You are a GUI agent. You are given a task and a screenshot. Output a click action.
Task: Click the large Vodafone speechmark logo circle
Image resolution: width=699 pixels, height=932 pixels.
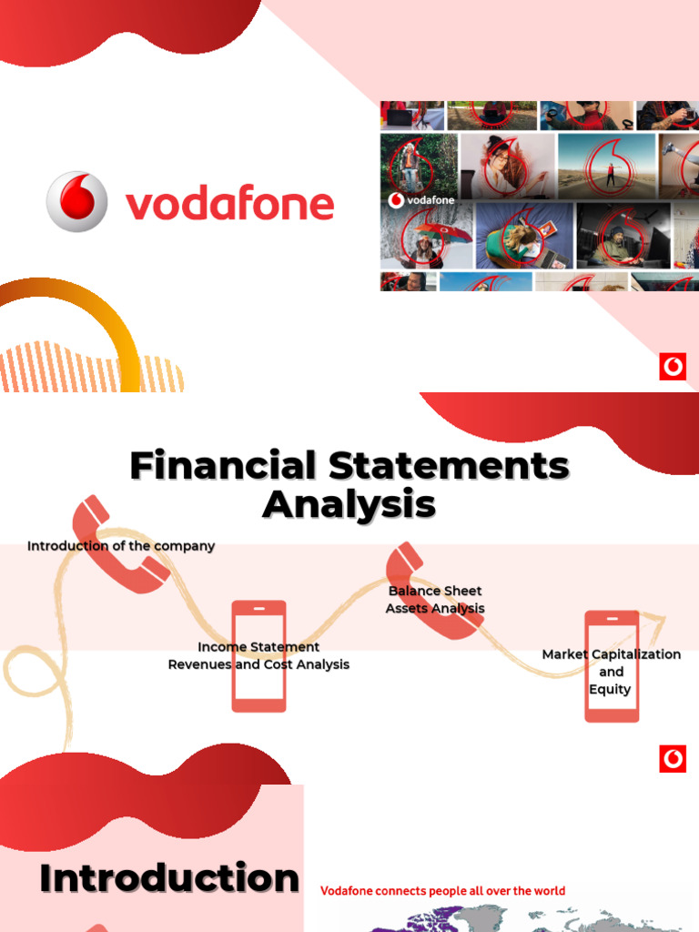pos(76,201)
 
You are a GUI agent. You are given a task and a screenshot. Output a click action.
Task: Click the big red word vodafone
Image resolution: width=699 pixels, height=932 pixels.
pos(229,204)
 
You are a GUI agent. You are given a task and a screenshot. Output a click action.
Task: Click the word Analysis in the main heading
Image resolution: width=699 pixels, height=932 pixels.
pos(349,503)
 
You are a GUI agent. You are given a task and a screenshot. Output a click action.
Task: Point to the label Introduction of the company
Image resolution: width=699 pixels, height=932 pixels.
pos(121,546)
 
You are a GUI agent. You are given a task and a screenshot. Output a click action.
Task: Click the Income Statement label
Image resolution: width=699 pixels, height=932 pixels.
pos(258,647)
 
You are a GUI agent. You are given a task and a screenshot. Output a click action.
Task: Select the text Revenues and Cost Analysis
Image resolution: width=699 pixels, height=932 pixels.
pos(258,664)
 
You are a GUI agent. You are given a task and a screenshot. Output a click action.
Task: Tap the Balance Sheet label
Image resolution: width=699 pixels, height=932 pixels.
pos(435,591)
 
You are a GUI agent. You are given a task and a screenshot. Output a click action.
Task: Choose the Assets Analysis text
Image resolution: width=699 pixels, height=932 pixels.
pos(435,608)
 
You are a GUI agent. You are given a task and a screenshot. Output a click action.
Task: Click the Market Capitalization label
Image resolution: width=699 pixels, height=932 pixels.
pos(611,654)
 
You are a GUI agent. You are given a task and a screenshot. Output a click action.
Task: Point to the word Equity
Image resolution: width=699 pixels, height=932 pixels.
pos(610,689)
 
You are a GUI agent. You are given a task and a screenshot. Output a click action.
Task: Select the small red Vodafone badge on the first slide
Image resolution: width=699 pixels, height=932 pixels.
pos(673,367)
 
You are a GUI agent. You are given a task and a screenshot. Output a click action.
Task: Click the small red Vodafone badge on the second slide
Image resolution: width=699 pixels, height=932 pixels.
pos(673,759)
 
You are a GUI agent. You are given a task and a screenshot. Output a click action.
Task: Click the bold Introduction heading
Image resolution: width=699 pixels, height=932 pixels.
pos(169,879)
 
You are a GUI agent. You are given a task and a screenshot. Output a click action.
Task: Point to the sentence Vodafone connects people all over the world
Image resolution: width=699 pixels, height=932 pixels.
pos(442,891)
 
